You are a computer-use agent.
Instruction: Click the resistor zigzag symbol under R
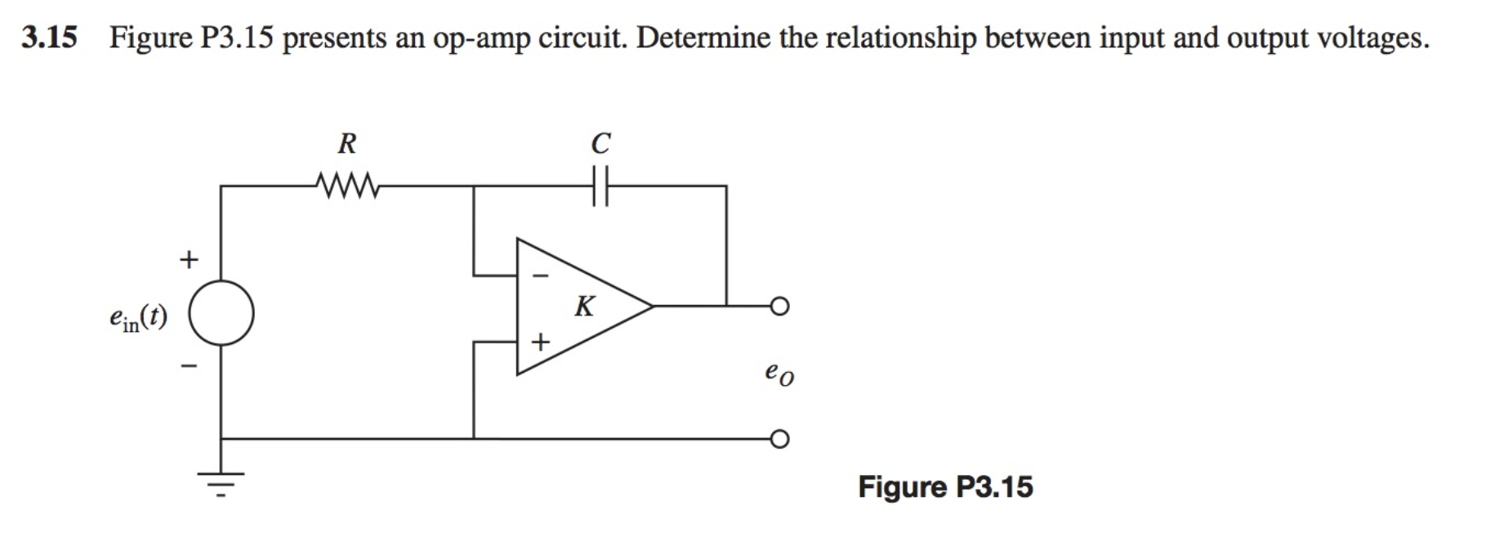pyautogui.click(x=348, y=186)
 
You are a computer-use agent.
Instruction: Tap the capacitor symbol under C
pyautogui.click(x=600, y=186)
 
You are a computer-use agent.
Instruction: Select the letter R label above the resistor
pyautogui.click(x=347, y=144)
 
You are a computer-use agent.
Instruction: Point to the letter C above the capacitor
pyautogui.click(x=600, y=144)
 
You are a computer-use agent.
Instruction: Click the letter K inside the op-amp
pyautogui.click(x=584, y=307)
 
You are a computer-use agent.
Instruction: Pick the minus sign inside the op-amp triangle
pyautogui.click(x=538, y=276)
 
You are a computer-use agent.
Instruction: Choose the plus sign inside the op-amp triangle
pyautogui.click(x=539, y=341)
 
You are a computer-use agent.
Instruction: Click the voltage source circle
pyautogui.click(x=221, y=313)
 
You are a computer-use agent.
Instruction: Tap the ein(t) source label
pyautogui.click(x=138, y=317)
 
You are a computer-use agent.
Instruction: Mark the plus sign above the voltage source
pyautogui.click(x=189, y=260)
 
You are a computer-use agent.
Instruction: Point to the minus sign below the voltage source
pyautogui.click(x=189, y=365)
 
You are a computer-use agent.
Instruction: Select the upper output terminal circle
pyautogui.click(x=779, y=307)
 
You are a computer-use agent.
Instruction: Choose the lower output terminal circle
pyautogui.click(x=779, y=440)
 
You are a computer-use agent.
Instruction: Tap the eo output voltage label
pyautogui.click(x=779, y=374)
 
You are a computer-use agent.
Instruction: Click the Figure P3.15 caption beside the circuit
pyautogui.click(x=945, y=487)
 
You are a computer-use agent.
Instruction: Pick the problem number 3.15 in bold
pyautogui.click(x=49, y=38)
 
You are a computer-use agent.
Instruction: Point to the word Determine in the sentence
pyautogui.click(x=703, y=38)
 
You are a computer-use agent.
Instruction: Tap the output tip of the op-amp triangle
pyautogui.click(x=652, y=307)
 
